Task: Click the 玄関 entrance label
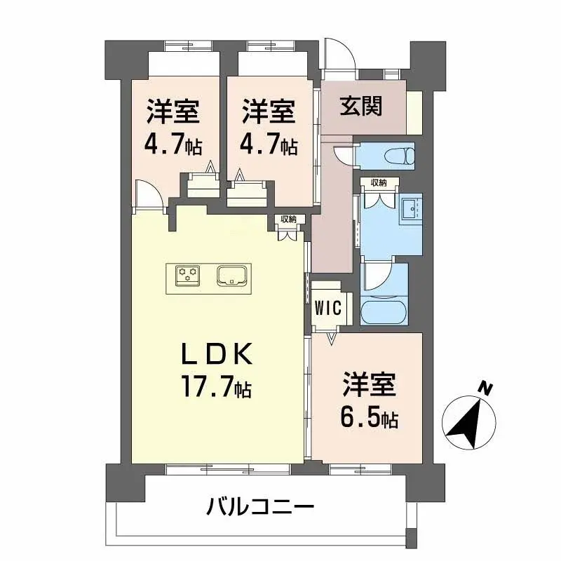[361, 107]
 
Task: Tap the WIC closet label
[328, 308]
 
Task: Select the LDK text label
[217, 354]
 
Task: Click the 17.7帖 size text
[217, 386]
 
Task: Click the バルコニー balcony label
[260, 507]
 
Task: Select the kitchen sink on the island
[231, 276]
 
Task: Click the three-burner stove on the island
[187, 275]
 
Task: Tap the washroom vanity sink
[410, 208]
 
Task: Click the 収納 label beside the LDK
[288, 219]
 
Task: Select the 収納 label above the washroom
[379, 183]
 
